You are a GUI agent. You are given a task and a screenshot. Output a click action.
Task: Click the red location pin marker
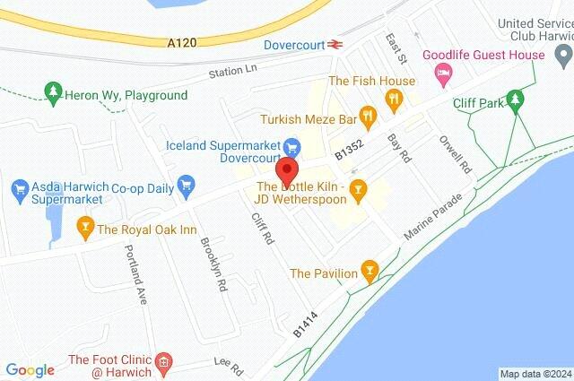tap(286, 169)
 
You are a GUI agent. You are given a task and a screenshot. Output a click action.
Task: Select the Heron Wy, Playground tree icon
tap(53, 92)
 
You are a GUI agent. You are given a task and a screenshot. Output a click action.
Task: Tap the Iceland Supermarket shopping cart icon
tap(291, 146)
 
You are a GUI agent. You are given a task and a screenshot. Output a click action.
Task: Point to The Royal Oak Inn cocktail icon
tap(86, 229)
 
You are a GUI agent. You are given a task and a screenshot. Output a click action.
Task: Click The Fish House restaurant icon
tap(393, 100)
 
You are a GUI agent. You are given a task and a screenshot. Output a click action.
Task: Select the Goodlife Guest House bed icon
tap(442, 73)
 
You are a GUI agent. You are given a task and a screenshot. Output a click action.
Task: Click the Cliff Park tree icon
tap(514, 98)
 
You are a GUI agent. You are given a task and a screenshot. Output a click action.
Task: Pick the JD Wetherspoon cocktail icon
tap(358, 188)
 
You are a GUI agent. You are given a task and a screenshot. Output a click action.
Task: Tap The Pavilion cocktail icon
tap(367, 272)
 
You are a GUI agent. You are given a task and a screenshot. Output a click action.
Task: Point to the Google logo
tap(30, 369)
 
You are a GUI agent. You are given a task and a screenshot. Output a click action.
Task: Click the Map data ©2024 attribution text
tap(535, 374)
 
